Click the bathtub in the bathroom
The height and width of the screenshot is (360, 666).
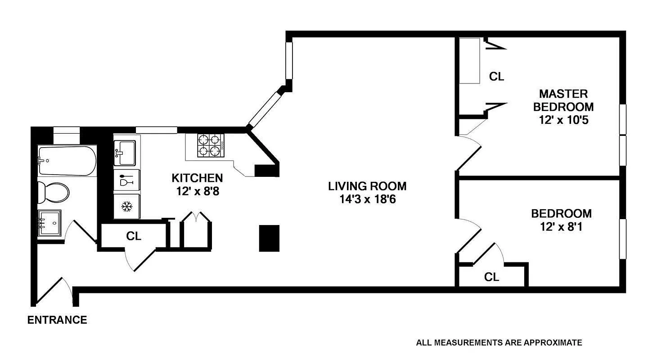(67, 161)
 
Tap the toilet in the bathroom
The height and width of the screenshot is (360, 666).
(53, 193)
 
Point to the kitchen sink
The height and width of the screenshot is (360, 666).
(124, 153)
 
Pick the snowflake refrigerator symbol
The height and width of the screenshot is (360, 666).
(126, 207)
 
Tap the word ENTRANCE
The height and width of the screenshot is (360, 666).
(57, 320)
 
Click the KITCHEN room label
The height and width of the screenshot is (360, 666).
(197, 178)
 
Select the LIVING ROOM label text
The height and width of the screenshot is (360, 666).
(367, 186)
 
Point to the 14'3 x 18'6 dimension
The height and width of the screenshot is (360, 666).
(367, 199)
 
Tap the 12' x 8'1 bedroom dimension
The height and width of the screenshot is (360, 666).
(561, 227)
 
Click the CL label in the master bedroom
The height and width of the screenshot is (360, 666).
(496, 77)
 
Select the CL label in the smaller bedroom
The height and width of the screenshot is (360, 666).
(491, 277)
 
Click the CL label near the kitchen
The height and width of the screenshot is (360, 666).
(134, 236)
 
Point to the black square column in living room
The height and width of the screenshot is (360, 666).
(269, 238)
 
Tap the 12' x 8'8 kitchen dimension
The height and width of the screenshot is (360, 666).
(197, 191)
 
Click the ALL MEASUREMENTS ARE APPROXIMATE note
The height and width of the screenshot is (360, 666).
(499, 343)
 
